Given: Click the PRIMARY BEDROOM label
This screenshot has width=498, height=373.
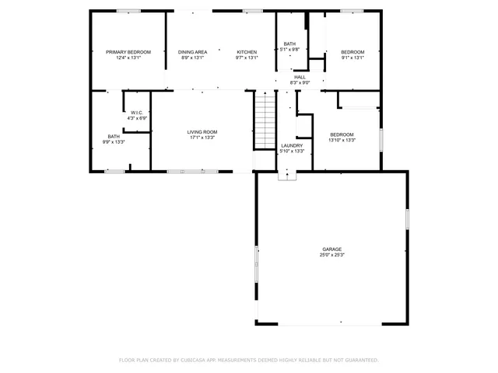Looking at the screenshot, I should (x=128, y=52).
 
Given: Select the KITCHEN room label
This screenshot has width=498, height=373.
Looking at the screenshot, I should (x=247, y=52).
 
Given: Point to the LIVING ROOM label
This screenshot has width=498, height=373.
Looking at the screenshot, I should (x=202, y=132).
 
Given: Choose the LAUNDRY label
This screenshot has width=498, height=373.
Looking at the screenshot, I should (x=292, y=145).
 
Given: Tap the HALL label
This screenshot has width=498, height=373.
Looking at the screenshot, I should (x=300, y=77).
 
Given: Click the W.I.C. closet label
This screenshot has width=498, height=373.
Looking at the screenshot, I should (x=137, y=113).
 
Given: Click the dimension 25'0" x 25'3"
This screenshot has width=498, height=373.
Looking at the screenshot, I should (x=332, y=255).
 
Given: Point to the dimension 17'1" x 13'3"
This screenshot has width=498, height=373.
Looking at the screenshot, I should (x=202, y=138).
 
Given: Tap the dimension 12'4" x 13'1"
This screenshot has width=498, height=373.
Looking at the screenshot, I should (x=128, y=58).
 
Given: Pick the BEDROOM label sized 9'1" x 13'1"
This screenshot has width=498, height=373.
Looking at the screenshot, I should (x=352, y=52).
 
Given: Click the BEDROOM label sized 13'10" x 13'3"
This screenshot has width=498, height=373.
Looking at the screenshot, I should (x=342, y=134).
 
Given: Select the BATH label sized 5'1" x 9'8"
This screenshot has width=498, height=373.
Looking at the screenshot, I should (x=289, y=44).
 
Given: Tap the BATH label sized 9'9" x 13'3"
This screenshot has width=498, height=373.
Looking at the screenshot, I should (x=114, y=137).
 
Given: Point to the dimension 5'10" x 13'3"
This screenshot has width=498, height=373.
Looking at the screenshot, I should (x=292, y=151).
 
